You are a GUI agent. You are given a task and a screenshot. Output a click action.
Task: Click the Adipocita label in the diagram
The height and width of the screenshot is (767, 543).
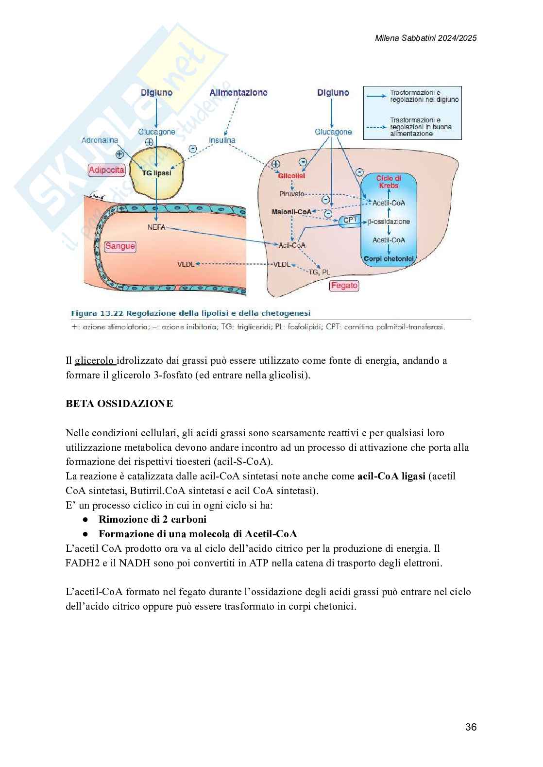click(106, 170)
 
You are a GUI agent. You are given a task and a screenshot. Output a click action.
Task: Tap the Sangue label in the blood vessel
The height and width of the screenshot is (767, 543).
click(120, 246)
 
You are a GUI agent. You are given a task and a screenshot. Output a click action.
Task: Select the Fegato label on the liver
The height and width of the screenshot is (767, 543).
click(344, 286)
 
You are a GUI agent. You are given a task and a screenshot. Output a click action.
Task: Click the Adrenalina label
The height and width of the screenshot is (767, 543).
click(100, 140)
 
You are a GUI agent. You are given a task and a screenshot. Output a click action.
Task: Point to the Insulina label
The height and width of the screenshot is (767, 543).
click(222, 140)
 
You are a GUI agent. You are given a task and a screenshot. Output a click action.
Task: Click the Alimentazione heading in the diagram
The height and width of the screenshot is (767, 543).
click(238, 93)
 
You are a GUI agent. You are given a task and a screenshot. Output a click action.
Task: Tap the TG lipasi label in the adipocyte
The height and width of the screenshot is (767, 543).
click(156, 173)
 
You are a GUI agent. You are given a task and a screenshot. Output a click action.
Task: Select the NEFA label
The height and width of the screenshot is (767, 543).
click(156, 227)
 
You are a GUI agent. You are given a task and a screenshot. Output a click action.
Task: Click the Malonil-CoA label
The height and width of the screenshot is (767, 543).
click(291, 212)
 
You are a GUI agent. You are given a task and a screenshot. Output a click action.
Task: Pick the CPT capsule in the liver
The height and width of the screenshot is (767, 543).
click(350, 220)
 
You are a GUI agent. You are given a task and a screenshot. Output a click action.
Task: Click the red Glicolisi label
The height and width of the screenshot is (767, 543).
click(291, 176)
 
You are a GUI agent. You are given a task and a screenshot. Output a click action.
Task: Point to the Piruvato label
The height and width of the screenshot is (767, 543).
click(291, 194)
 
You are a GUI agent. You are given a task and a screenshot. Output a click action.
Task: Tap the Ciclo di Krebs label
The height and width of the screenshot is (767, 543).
click(389, 182)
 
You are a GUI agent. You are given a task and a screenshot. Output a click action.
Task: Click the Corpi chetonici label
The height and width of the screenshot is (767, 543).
click(389, 259)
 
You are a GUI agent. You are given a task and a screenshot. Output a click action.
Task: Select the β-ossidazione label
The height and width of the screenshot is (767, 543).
click(389, 222)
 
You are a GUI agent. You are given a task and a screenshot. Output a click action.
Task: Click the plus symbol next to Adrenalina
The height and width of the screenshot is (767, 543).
click(119, 154)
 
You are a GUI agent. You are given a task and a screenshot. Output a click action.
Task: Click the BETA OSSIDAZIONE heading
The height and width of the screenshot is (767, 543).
click(119, 404)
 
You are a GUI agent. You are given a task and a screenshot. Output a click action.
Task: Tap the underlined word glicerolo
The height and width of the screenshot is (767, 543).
click(95, 360)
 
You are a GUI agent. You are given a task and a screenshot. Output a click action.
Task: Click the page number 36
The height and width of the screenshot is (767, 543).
click(471, 727)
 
